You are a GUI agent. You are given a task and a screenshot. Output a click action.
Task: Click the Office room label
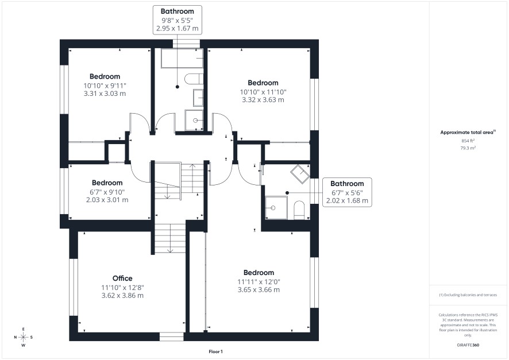[x=122, y=278]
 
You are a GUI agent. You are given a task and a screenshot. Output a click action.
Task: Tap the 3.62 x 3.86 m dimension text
[x=122, y=296]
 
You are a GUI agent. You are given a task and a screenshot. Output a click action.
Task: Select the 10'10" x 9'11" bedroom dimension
[x=105, y=86]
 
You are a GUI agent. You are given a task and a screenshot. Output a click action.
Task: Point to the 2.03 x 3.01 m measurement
[x=107, y=200]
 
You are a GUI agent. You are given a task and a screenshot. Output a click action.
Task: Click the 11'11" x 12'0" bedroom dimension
[x=259, y=282]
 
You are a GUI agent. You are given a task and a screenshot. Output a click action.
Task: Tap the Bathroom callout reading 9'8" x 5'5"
[x=178, y=20]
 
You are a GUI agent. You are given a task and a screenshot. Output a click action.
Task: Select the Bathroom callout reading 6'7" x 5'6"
[x=347, y=192]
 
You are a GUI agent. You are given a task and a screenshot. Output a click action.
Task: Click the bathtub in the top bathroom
[x=182, y=58]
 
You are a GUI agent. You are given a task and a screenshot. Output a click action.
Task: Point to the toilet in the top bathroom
[x=194, y=79]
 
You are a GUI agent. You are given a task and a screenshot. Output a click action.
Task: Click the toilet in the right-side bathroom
[x=299, y=210]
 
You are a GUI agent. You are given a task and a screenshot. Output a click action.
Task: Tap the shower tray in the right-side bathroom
[x=276, y=208]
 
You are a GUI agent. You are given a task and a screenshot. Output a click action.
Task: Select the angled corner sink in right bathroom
[x=300, y=174]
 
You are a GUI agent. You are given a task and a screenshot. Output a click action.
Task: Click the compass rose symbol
[x=24, y=337]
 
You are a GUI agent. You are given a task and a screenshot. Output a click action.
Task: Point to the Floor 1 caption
[x=215, y=351]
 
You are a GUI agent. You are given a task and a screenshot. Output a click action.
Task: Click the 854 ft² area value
[x=468, y=141]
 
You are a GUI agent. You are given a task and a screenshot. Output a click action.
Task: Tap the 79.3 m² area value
[x=468, y=148]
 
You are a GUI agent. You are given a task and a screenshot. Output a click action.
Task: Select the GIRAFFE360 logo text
[x=468, y=344]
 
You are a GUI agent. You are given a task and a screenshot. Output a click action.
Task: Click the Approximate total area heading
[x=468, y=132]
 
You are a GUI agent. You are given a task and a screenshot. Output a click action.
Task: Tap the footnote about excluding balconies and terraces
[x=468, y=295]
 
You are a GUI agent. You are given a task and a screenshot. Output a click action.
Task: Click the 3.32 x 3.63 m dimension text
[x=263, y=100]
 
